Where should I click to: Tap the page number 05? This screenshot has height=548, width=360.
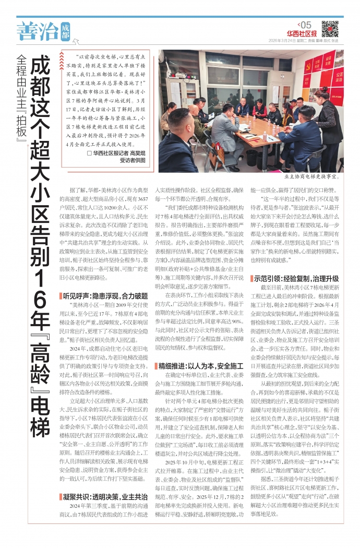[x=305, y=25]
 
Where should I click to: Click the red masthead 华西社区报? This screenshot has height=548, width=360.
[x=301, y=34]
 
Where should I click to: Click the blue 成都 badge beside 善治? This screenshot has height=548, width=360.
[x=65, y=31]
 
